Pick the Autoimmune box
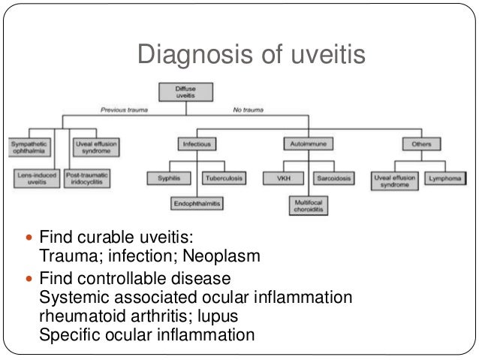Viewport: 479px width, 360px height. coord(308,143)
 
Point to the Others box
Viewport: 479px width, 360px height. coord(421,143)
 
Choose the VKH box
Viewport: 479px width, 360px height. coord(281,178)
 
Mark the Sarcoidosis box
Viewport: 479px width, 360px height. coord(336,178)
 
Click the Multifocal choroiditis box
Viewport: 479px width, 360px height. coord(308,206)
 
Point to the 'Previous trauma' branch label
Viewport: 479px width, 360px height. coord(125,110)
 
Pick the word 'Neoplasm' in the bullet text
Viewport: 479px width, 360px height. coord(225,257)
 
